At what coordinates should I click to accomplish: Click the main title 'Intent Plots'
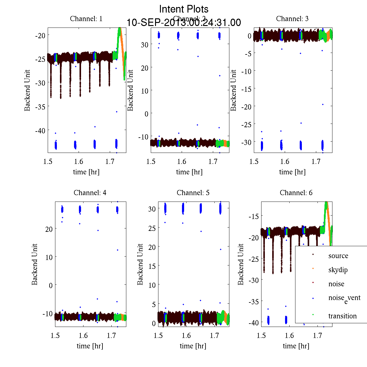pos(184,9)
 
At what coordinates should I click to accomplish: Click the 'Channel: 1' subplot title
pos(86,19)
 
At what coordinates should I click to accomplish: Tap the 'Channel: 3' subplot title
pos(292,19)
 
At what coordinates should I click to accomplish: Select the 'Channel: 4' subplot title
pos(90,193)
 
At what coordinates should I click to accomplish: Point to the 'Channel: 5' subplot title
pos(193,193)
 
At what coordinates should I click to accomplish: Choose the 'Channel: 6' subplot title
pos(296,193)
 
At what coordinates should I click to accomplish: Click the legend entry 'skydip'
pos(338,270)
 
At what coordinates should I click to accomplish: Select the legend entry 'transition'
pos(342,316)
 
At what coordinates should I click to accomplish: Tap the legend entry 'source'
pos(338,256)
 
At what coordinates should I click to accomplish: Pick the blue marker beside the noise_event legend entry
pos(313,298)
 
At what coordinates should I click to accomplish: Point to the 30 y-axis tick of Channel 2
pos(145,45)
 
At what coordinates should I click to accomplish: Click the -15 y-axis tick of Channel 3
pos(246,89)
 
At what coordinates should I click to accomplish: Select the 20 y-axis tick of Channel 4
pos(49,229)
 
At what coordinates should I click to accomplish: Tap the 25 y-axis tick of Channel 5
pos(152,228)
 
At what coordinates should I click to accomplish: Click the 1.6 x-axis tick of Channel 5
pos(186,335)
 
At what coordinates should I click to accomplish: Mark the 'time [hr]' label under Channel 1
pos(86,172)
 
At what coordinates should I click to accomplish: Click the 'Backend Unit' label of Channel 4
pos(35,265)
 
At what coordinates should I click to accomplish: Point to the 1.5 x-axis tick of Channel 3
pos(254,161)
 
